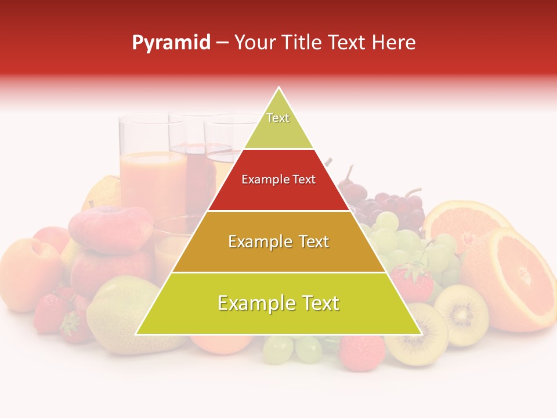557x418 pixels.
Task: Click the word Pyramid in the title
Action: pyautogui.click(x=171, y=43)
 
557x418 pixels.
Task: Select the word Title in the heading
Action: pyautogui.click(x=303, y=42)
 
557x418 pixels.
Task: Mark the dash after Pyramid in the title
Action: pyautogui.click(x=222, y=43)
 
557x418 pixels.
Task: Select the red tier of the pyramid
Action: pyautogui.click(x=278, y=180)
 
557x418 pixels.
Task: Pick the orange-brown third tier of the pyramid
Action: pyautogui.click(x=278, y=242)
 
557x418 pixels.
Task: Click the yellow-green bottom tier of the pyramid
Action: pyautogui.click(x=278, y=304)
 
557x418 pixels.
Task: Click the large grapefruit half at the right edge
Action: pyautogui.click(x=516, y=279)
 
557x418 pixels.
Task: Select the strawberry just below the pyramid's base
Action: pyautogui.click(x=361, y=351)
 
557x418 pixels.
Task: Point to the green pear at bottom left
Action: pyautogui.click(x=119, y=316)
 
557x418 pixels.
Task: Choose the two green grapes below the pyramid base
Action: pyautogui.click(x=293, y=349)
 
